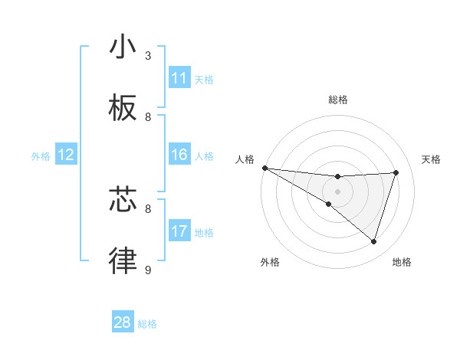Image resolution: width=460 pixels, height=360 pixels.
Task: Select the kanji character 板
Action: coord(123,109)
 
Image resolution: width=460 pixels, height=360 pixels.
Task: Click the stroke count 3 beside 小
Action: coord(148,55)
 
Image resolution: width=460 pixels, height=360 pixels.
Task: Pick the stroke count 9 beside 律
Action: coord(148,270)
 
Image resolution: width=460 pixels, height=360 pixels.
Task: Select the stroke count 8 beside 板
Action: coord(148,117)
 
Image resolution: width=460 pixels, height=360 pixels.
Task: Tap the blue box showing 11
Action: coord(179,78)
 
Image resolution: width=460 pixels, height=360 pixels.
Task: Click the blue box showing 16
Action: coord(179,155)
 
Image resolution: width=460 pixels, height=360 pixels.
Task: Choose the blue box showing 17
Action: coord(179,231)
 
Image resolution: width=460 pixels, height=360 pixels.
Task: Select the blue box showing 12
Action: coord(66,155)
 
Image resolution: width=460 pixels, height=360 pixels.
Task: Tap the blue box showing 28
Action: coord(123,322)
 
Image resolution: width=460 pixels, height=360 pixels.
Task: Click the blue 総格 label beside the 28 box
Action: coord(147,324)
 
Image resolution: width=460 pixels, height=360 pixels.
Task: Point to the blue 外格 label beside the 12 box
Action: coord(41,156)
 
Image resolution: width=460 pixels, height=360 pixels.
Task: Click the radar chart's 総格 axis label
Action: coord(338,100)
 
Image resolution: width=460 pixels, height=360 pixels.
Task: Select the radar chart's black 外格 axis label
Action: coord(270,262)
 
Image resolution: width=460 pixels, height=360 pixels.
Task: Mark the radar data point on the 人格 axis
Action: coord(264,168)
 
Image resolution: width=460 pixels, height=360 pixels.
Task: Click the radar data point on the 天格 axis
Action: coord(396,172)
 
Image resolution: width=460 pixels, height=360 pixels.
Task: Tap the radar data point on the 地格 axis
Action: coord(374,242)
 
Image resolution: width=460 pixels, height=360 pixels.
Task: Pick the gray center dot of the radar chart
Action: coord(338,191)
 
